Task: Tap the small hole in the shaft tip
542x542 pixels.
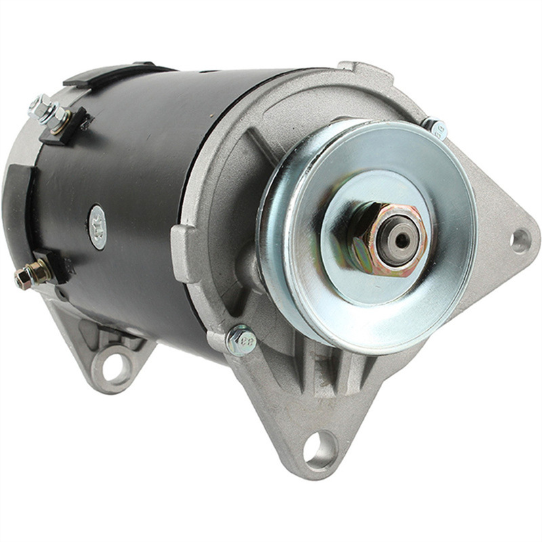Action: pos(402,239)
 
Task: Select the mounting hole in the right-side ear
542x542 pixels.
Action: pos(520,240)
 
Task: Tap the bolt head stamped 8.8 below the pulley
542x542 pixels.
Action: pos(241,339)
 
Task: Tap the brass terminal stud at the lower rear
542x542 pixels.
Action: pos(30,274)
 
